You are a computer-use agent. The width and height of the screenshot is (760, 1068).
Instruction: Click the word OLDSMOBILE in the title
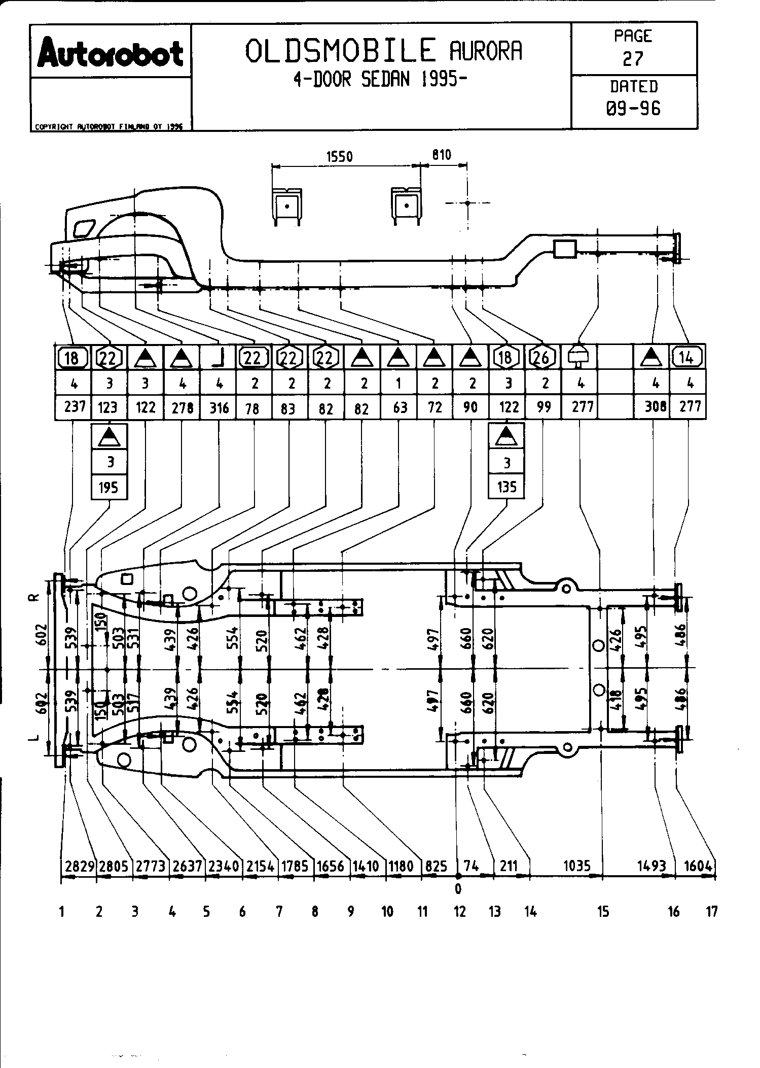340,51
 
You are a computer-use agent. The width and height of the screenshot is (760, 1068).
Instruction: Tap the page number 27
633,59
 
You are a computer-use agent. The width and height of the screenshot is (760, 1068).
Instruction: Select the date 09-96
634,108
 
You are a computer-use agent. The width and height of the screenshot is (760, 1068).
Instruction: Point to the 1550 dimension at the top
339,156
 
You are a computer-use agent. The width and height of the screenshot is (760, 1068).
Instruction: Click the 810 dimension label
441,155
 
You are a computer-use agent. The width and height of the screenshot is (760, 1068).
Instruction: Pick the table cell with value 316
219,408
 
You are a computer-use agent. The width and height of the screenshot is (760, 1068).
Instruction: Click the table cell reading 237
74,407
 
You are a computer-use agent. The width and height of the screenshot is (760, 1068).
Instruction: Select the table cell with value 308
655,407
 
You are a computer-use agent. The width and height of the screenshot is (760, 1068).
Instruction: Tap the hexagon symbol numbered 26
541,358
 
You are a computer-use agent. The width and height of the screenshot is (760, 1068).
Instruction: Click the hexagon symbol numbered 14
686,357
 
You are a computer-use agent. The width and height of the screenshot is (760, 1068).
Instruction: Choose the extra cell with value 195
108,488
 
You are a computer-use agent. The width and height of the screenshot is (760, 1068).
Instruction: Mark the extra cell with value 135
506,488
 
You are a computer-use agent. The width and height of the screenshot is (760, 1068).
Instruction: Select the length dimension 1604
698,866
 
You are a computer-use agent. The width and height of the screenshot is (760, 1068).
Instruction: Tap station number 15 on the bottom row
602,912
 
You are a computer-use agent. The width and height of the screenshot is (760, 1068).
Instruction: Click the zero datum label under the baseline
458,888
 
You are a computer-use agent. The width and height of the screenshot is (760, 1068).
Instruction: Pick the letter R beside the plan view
31,598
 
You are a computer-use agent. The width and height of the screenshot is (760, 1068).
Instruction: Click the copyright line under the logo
108,127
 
